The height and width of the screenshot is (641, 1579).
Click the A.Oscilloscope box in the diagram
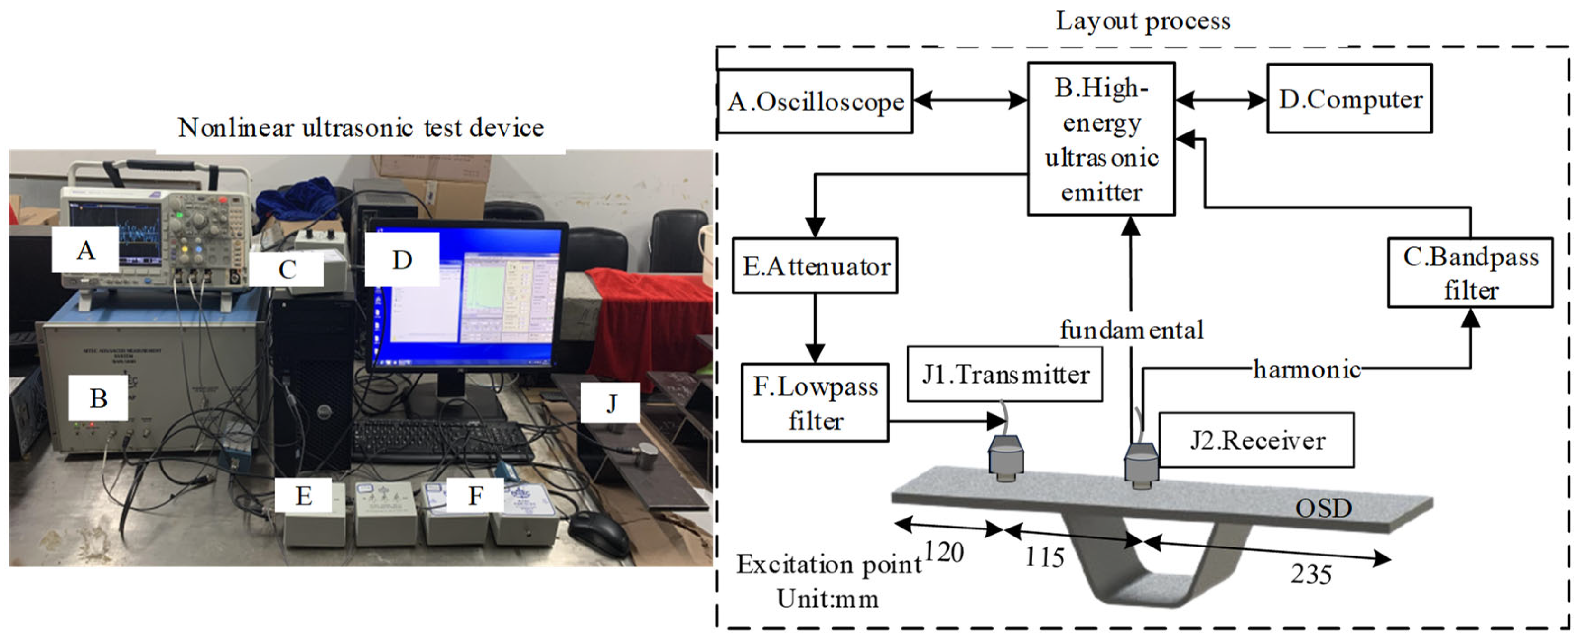point(815,101)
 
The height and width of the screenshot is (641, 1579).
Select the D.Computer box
point(1349,99)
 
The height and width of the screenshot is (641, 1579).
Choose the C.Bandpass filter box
point(1470,273)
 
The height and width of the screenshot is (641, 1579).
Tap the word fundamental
point(1132,330)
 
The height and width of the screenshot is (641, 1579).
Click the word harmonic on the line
point(1306,369)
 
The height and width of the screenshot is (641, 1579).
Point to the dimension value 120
point(944,552)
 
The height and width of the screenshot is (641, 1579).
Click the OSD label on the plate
point(1323,509)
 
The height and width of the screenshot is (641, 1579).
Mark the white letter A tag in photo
point(85,250)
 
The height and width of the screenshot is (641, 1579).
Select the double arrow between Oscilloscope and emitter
point(970,100)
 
